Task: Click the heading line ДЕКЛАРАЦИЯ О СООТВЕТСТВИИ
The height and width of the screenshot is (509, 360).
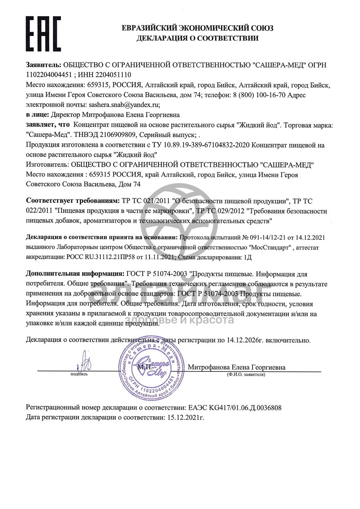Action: point(198,38)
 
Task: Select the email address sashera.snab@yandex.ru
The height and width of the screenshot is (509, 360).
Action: point(123,105)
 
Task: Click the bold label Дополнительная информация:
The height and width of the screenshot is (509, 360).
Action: point(75,274)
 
